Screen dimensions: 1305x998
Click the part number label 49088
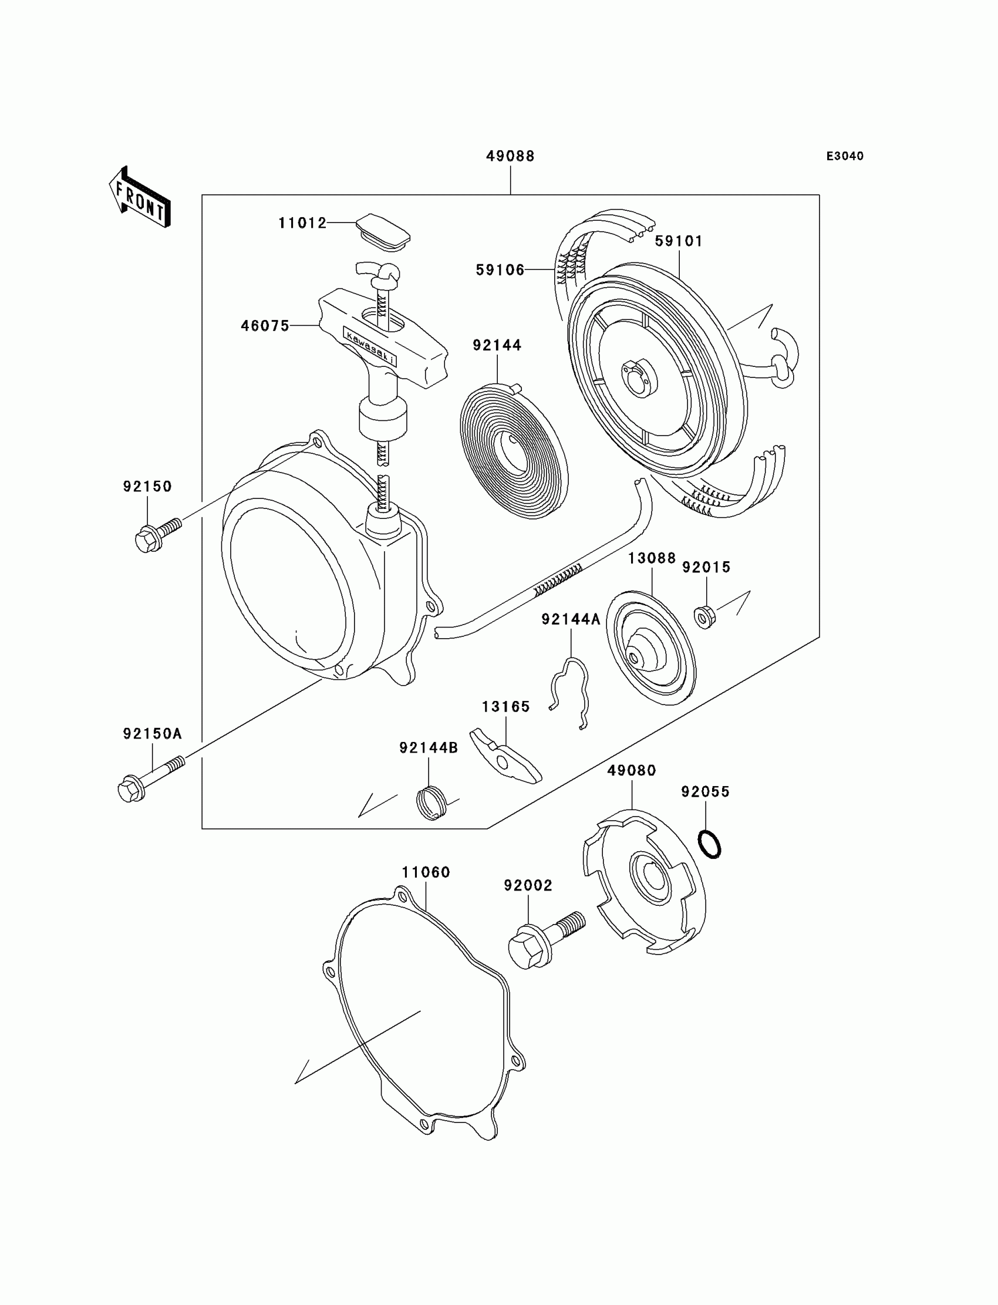[x=510, y=156]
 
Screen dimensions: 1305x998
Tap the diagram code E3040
[x=845, y=156]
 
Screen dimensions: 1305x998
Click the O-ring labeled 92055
[x=710, y=844]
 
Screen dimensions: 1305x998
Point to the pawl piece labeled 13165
[x=505, y=756]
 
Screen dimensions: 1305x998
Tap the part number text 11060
[x=426, y=872]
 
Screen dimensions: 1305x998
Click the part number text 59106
[x=500, y=270]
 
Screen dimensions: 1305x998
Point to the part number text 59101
[x=679, y=241]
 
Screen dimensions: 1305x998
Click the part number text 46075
[x=265, y=325]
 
